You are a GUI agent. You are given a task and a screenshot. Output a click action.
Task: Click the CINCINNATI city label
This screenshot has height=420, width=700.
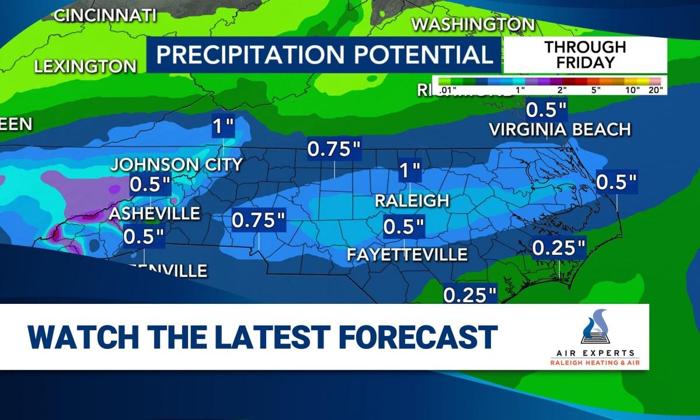point(106,16)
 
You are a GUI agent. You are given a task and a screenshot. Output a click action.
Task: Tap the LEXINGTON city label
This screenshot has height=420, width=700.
point(85,66)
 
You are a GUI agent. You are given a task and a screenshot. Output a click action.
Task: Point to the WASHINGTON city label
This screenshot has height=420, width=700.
point(473,24)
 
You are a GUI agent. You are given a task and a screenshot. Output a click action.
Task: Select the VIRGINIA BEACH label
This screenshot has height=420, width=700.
point(560,129)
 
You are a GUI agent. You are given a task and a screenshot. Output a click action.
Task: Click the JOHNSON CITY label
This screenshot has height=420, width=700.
point(176,164)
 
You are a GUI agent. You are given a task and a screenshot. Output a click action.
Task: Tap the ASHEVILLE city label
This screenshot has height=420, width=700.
point(155,213)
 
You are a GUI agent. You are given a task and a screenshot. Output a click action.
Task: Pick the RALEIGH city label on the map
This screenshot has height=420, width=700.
point(412,201)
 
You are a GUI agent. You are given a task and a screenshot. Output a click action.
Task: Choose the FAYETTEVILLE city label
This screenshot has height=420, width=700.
point(407,254)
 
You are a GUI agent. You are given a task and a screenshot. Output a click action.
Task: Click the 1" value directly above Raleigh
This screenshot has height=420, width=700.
point(409,171)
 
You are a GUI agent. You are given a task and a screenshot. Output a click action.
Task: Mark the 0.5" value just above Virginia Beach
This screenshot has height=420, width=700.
point(546,110)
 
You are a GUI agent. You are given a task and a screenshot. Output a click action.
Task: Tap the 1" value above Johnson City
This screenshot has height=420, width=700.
point(222,125)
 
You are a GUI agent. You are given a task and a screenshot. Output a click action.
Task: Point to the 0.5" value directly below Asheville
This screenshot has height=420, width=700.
point(144,236)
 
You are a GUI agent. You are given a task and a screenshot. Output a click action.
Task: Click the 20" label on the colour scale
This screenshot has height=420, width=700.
point(656,90)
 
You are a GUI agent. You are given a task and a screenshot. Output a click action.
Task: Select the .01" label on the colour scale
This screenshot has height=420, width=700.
point(448,90)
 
